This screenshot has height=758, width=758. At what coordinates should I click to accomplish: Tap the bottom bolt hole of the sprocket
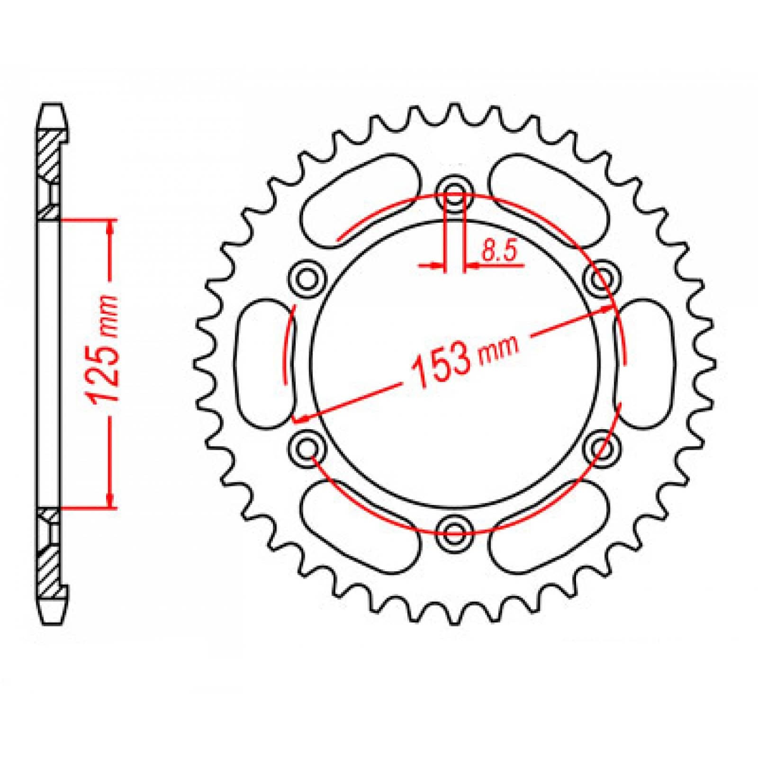pyautogui.click(x=455, y=529)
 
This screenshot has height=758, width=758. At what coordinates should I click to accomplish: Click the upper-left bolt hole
pyautogui.click(x=308, y=279)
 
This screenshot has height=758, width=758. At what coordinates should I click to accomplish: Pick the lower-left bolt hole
pyautogui.click(x=308, y=446)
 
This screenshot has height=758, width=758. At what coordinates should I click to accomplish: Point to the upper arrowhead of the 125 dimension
pyautogui.click(x=110, y=228)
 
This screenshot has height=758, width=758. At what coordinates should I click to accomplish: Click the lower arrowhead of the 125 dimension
pyautogui.click(x=110, y=500)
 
